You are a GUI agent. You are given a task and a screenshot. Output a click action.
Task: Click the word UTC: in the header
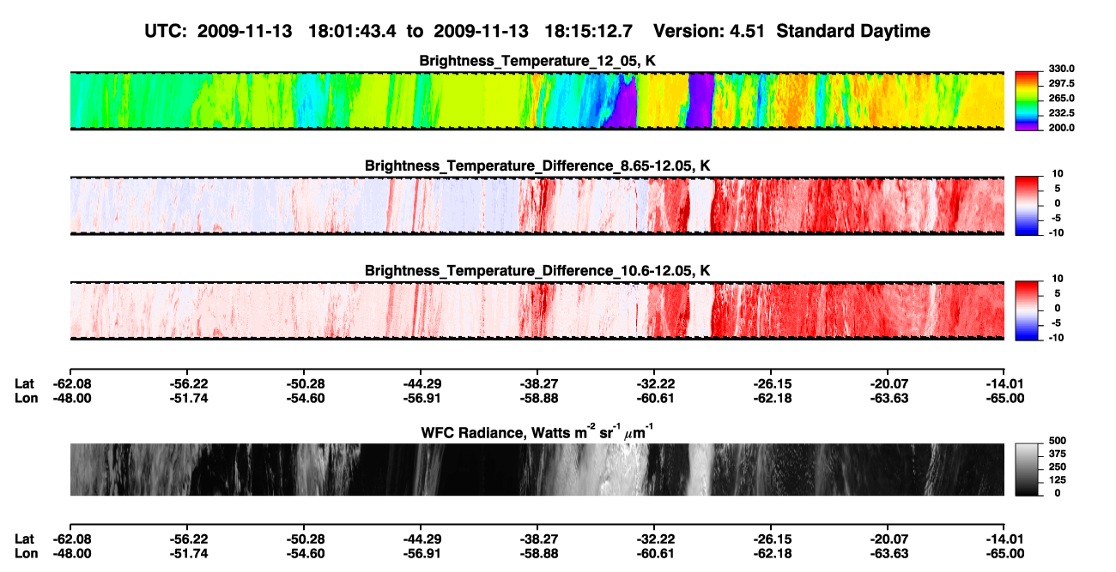click(x=166, y=31)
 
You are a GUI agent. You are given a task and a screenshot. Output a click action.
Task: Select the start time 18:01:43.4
click(x=352, y=31)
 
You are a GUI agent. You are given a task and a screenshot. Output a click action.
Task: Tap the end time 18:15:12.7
click(x=588, y=31)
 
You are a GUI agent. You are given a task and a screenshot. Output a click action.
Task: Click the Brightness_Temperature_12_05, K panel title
click(x=537, y=61)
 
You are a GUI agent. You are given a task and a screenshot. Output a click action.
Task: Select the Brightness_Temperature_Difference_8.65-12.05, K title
click(x=537, y=166)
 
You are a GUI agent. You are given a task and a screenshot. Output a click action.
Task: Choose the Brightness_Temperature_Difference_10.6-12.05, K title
click(x=537, y=271)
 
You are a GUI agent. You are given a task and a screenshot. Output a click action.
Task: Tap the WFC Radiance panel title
click(x=537, y=432)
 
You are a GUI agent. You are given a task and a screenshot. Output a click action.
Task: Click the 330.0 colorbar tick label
click(x=1061, y=69)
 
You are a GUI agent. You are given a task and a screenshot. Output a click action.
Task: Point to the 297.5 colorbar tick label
click(x=1061, y=83)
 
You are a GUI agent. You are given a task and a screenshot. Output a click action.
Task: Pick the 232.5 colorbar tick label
click(x=1061, y=113)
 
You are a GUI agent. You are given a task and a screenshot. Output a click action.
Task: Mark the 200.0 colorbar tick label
click(x=1061, y=128)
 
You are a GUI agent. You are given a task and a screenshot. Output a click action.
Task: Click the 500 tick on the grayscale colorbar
click(x=1058, y=441)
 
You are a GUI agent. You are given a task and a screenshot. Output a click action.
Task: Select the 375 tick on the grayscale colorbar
click(x=1058, y=454)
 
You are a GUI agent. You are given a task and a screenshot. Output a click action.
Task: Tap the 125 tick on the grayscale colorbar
click(x=1058, y=480)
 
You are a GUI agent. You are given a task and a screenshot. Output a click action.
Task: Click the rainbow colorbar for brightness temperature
click(x=1027, y=101)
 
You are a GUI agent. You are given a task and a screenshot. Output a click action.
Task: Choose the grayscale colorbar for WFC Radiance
click(x=1027, y=469)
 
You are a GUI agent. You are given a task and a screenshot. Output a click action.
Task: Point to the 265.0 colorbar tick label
click(x=1061, y=98)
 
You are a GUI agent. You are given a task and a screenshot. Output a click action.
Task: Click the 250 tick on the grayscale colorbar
click(x=1058, y=467)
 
